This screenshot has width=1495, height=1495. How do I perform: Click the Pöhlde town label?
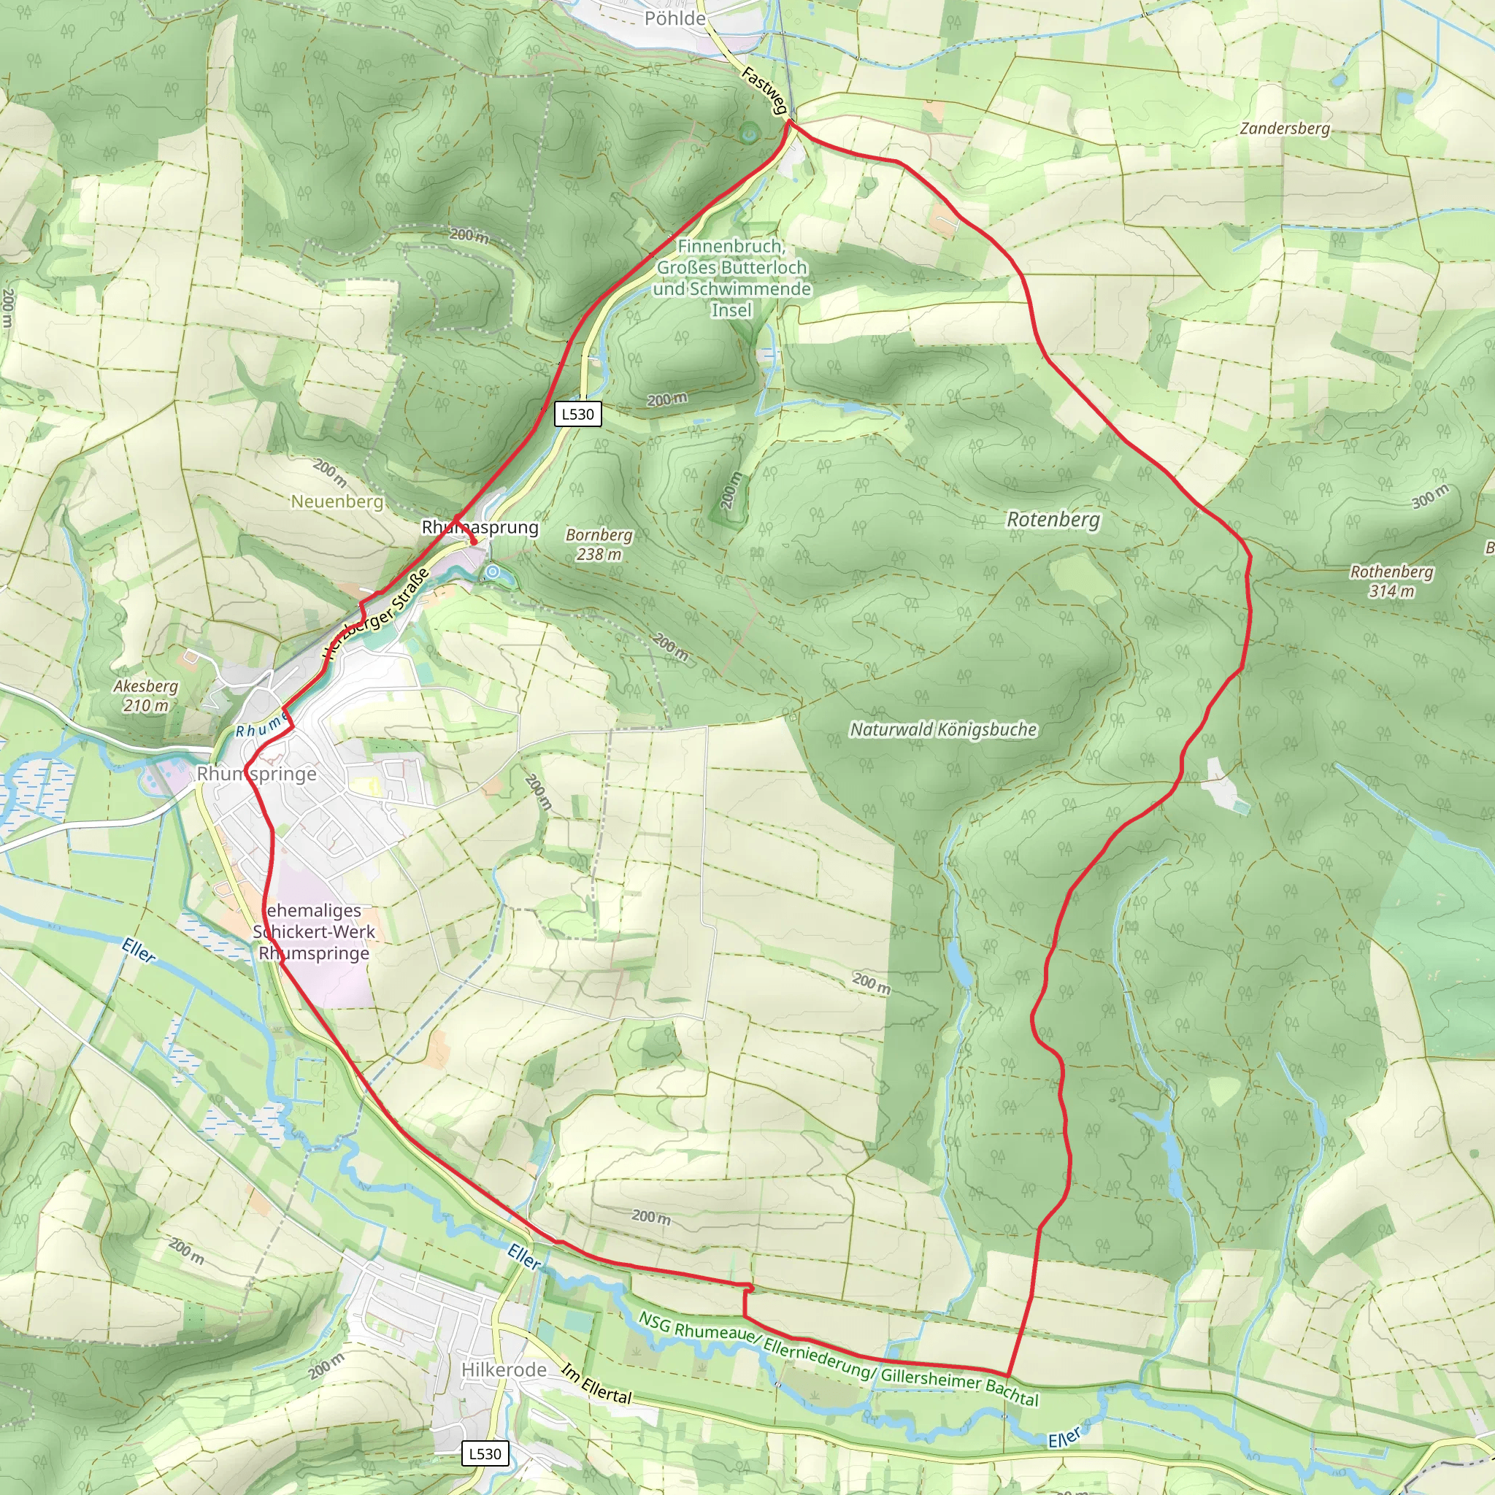point(675,18)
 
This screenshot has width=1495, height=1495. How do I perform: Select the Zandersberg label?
point(1285,128)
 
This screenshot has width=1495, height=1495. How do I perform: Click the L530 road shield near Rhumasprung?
point(578,414)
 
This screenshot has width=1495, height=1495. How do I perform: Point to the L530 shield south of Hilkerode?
point(485,1453)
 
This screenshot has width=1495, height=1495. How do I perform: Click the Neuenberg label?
point(337,501)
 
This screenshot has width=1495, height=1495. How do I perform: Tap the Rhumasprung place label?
point(480,528)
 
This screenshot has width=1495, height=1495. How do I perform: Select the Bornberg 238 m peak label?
point(598,544)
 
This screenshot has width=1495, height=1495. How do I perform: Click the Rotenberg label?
point(1053,519)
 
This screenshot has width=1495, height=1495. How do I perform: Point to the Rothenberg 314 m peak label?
point(1391,581)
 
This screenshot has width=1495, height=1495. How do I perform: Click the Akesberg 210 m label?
point(145,695)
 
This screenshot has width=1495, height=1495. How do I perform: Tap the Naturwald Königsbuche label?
point(942,729)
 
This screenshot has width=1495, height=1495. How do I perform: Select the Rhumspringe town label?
point(256,774)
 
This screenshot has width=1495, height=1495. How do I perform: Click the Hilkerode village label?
point(504,1369)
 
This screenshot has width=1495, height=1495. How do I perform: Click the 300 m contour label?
point(1430,497)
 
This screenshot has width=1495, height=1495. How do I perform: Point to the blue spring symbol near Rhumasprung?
point(492,572)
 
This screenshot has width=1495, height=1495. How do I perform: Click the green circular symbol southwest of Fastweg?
point(748,134)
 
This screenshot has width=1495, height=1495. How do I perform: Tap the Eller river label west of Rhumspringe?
point(139,950)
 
